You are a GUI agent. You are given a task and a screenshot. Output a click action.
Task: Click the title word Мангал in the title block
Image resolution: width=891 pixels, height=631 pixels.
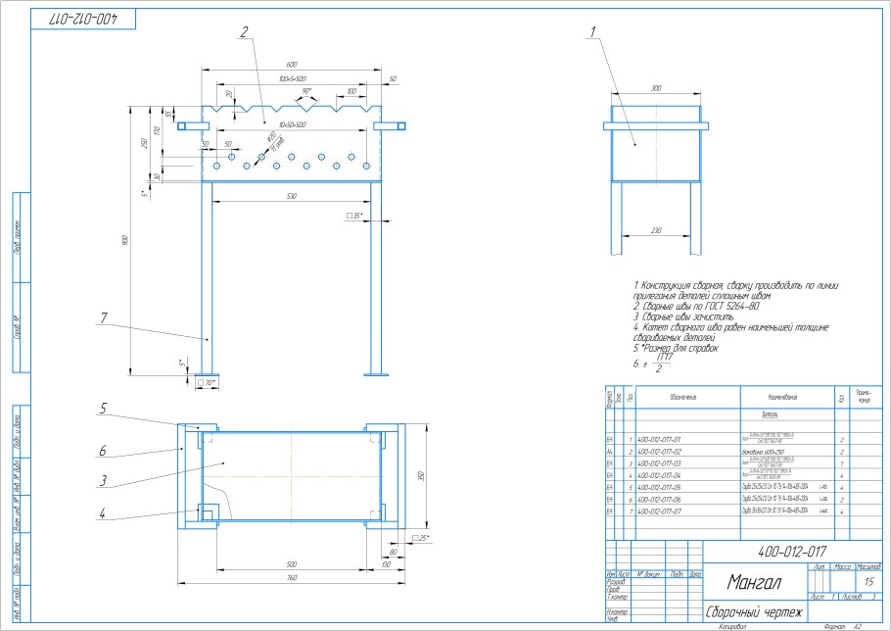pos(741,584)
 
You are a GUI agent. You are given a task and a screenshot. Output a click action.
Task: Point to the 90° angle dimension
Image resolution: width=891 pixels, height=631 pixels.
pos(306,91)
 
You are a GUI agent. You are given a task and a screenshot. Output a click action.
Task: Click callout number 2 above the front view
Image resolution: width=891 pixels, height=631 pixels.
pos(243,31)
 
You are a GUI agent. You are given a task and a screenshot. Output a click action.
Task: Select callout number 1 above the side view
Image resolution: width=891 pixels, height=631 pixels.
pos(593,31)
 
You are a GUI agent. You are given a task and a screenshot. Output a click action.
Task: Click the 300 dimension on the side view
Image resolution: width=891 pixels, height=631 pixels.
pos(656,88)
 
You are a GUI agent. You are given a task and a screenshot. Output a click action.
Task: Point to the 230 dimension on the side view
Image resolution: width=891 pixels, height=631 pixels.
pos(656,230)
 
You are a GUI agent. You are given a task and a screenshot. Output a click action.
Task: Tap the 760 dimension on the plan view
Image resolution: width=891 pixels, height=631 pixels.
pos(291,578)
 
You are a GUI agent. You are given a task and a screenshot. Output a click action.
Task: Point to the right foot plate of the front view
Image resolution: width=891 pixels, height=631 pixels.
pos(377,373)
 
